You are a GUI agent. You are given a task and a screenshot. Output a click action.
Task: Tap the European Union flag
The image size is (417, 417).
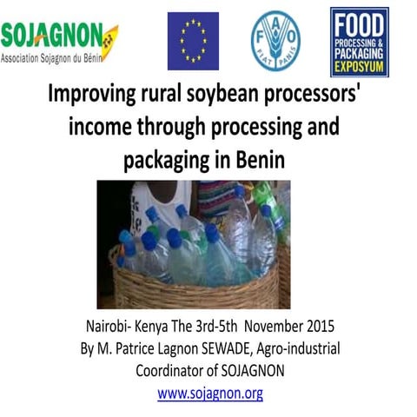click(x=193, y=41)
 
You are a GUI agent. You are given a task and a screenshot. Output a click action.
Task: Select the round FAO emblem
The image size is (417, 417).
click(x=275, y=41)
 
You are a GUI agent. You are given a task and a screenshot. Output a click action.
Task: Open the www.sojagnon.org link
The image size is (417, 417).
click(x=209, y=393)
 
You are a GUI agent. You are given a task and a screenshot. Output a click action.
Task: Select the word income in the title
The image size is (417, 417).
click(x=99, y=127)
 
